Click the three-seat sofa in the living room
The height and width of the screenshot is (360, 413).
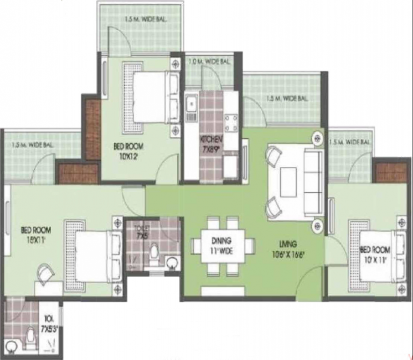point(313,183)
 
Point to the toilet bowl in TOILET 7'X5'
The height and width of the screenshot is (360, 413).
point(154,254)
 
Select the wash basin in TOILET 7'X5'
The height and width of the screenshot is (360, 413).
point(172,262)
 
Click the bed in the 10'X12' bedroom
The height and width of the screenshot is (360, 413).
point(150,98)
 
